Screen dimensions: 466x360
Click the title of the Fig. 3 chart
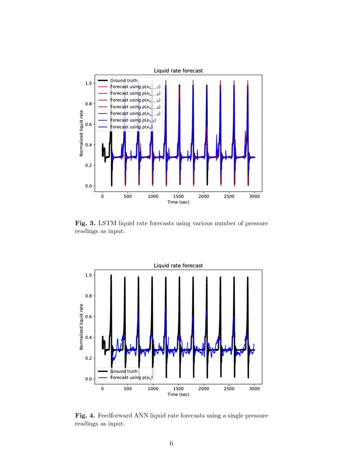click(x=178, y=71)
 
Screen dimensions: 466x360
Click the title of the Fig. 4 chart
click(x=178, y=266)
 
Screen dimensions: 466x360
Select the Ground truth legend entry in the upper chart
click(x=124, y=80)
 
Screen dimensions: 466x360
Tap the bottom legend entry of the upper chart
click(x=131, y=127)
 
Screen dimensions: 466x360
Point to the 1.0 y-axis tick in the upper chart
click(x=89, y=83)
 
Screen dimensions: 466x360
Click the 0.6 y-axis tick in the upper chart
click(x=89, y=124)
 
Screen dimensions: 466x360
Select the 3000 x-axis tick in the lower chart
click(x=255, y=388)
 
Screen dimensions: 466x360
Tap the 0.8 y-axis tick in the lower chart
click(x=89, y=296)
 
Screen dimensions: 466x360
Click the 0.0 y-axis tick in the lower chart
click(x=89, y=379)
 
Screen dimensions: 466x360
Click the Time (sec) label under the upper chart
click(x=178, y=202)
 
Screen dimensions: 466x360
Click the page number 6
click(x=172, y=444)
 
